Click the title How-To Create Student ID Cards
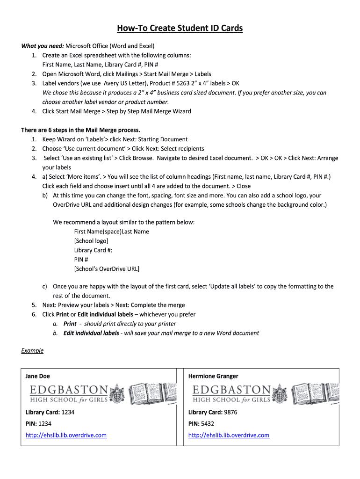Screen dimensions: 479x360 (180, 29)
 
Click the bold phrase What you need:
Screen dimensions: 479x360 (42, 46)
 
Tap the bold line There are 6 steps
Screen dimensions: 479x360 (80, 130)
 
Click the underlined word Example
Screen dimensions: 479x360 (32, 350)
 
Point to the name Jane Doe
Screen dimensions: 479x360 (37, 376)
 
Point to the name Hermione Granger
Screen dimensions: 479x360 (213, 376)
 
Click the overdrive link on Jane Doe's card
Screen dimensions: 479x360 (66, 435)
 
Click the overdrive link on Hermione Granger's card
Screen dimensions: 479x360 (229, 435)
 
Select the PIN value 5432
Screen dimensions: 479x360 (208, 423)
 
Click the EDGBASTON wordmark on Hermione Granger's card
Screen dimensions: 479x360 (231, 390)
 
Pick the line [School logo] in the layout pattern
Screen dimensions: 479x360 (91, 241)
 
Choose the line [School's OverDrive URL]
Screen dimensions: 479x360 (107, 269)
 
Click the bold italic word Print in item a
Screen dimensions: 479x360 (70, 324)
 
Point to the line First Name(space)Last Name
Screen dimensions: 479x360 (112, 232)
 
